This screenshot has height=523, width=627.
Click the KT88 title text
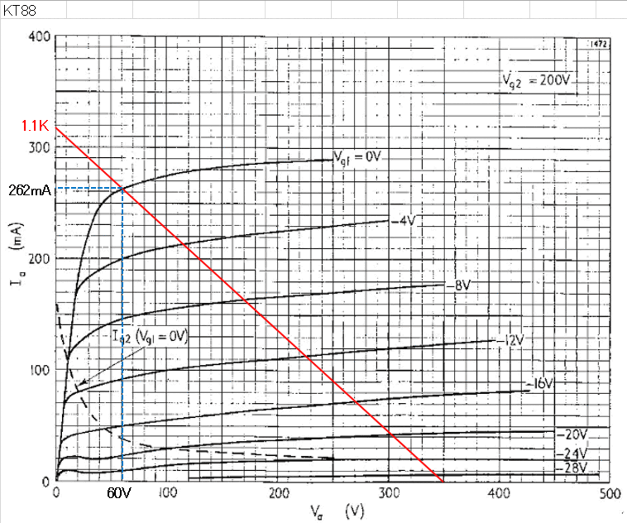coord(20,10)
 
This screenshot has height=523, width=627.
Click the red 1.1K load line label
coord(35,126)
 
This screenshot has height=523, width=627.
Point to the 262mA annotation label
coord(29,191)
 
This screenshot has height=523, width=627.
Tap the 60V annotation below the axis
coord(119,494)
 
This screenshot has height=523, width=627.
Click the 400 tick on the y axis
coord(39,37)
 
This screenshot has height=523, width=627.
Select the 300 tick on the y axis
coord(39,148)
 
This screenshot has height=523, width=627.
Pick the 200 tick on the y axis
coord(39,259)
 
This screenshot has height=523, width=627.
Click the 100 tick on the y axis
coord(39,370)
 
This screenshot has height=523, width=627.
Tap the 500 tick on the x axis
coord(610,494)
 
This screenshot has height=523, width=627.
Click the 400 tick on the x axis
coord(499,494)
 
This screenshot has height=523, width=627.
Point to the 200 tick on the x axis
coord(279,494)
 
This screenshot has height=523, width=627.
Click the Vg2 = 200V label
coord(536,81)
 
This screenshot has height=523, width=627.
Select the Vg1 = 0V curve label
coord(357,157)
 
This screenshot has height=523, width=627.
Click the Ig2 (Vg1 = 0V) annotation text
coord(150,336)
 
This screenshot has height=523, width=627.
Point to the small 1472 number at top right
coord(598,44)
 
